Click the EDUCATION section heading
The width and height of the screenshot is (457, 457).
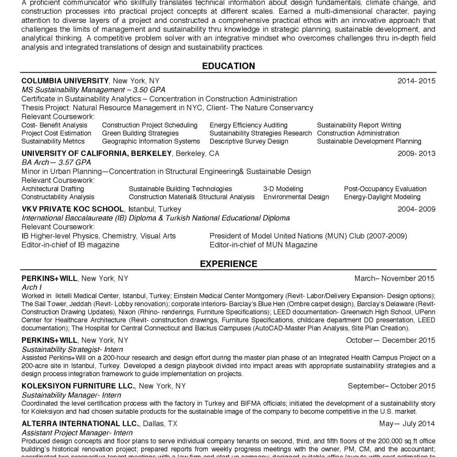click(228, 66)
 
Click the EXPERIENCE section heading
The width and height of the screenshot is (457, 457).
click(228, 264)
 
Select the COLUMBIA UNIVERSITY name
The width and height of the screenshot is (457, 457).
click(65, 81)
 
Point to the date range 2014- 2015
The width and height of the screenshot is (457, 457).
click(416, 81)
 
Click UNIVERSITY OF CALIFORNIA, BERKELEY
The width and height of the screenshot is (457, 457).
click(96, 153)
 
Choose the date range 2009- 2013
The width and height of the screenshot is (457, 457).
click(416, 153)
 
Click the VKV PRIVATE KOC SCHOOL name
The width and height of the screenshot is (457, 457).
click(72, 209)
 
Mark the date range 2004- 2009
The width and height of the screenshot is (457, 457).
click(416, 209)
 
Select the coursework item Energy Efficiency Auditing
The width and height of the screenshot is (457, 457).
click(249, 125)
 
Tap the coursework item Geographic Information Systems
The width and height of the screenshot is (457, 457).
click(151, 141)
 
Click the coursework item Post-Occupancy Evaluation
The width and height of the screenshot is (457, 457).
click(385, 189)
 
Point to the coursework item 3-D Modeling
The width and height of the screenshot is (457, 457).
click(283, 189)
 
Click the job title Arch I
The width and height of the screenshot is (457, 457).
click(32, 287)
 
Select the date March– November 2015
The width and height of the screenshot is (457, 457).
click(394, 278)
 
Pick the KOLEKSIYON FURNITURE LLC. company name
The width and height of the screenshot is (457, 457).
click(78, 386)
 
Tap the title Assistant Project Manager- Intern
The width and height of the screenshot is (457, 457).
click(77, 433)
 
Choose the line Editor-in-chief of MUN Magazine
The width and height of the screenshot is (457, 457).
click(263, 244)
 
